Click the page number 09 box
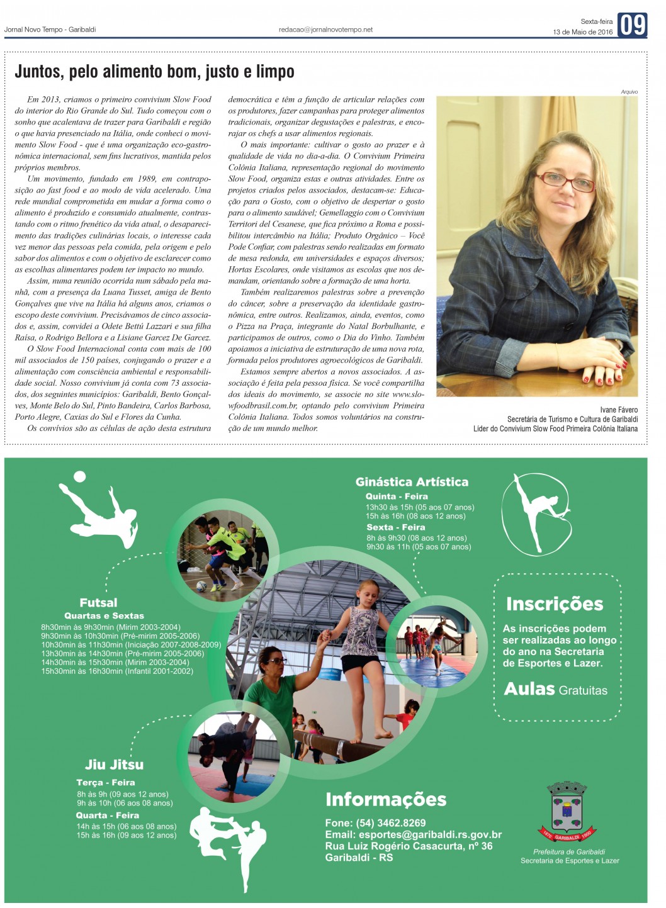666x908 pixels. click(632, 25)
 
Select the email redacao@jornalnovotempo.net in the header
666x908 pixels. click(325, 30)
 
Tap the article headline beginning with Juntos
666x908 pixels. click(154, 72)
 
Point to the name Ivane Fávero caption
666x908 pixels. click(618, 410)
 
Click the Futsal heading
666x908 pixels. click(98, 602)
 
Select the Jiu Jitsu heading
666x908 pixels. click(114, 765)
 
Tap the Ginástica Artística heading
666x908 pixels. click(412, 482)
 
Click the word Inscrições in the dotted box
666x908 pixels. click(554, 604)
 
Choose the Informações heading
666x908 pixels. click(385, 799)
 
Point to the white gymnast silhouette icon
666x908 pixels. click(536, 513)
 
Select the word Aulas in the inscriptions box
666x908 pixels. click(529, 689)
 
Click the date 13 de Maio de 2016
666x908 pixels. click(582, 32)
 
